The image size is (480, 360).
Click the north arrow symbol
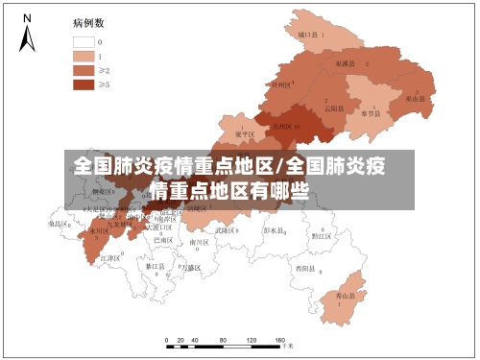(27, 35)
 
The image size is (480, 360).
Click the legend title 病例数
(88, 21)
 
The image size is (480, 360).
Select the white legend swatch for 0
(83, 42)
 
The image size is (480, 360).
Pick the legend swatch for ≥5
(83, 84)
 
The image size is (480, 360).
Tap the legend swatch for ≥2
(83, 70)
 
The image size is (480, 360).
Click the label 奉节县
(372, 112)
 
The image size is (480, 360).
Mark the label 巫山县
(415, 98)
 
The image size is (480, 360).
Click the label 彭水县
(275, 230)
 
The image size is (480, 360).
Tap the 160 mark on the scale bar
(278, 341)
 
